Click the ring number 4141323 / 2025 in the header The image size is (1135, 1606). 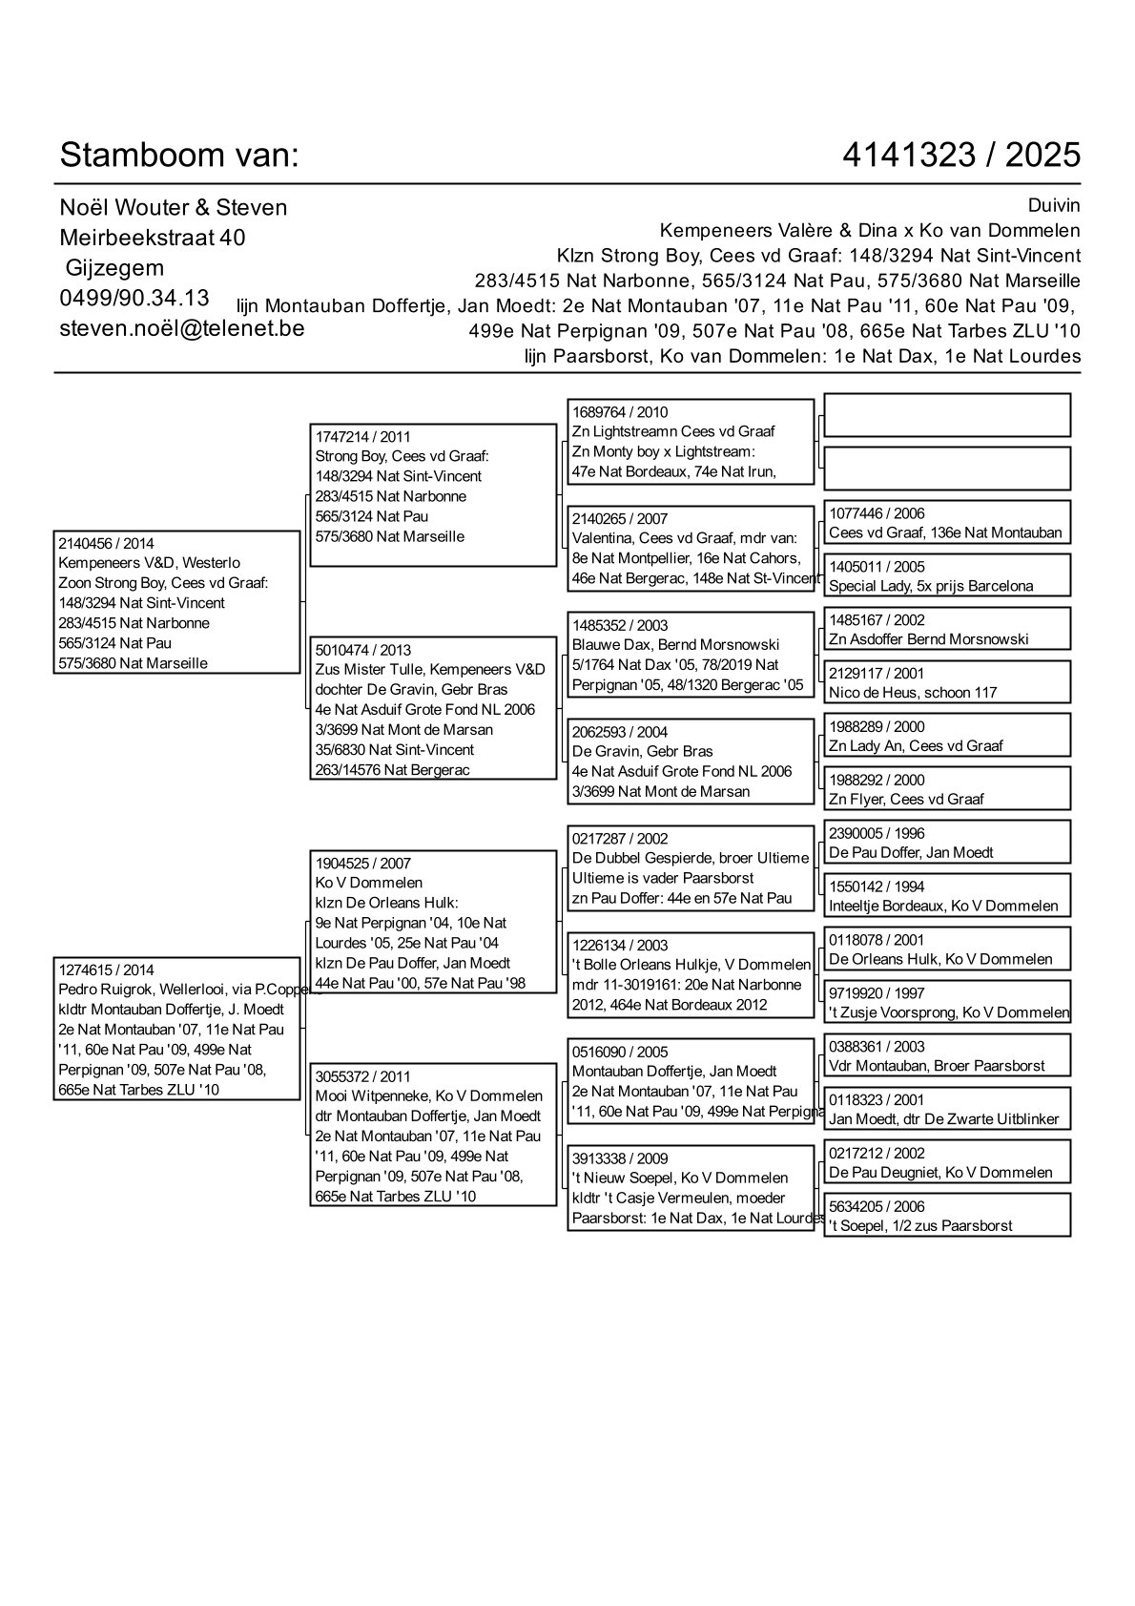961,155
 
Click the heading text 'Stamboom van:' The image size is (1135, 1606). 179,155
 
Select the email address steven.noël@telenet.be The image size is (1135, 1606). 182,327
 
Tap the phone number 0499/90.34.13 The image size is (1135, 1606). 134,298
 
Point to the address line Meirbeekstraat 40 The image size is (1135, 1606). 153,238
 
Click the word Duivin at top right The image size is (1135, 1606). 1054,206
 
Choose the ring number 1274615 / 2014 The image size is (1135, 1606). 106,970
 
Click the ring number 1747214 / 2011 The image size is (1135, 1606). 363,436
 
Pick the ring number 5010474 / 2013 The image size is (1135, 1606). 363,650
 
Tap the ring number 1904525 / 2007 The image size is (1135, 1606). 363,863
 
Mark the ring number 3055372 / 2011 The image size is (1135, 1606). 363,1076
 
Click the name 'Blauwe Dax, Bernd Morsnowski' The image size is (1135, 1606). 675,645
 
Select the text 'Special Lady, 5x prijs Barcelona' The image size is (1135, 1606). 931,586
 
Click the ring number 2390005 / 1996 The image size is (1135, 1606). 877,833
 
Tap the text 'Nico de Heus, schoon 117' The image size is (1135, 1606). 913,693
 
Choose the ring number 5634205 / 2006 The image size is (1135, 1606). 877,1206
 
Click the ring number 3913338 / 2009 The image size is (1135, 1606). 620,1158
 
